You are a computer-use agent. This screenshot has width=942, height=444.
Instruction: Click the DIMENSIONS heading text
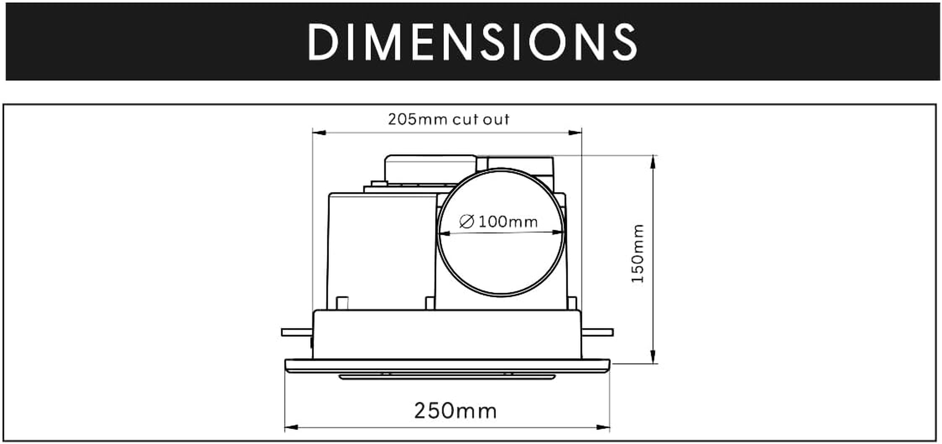[472, 42]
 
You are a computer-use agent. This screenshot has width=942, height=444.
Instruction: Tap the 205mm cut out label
[448, 119]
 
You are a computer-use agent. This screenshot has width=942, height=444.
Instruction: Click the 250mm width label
[455, 411]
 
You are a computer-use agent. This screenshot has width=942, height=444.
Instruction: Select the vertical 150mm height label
[638, 253]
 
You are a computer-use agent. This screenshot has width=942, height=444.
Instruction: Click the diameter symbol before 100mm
[467, 222]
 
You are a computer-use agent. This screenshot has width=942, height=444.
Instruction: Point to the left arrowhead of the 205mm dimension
[318, 132]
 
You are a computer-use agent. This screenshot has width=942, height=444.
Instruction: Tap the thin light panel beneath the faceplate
[447, 377]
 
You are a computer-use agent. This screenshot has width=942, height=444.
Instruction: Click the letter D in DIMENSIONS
[322, 42]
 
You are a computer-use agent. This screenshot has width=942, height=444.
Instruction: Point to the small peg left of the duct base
[342, 303]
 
